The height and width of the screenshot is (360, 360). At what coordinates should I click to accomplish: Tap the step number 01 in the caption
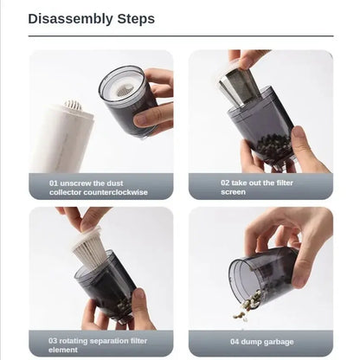[54, 183]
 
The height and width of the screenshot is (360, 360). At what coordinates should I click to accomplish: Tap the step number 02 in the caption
[224, 183]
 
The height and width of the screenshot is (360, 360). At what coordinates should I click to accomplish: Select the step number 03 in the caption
[54, 340]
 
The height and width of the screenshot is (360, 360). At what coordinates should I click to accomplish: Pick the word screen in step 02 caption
[234, 191]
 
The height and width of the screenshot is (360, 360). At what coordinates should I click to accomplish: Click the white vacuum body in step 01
[62, 138]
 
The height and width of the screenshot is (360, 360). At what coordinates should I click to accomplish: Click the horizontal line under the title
[180, 36]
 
